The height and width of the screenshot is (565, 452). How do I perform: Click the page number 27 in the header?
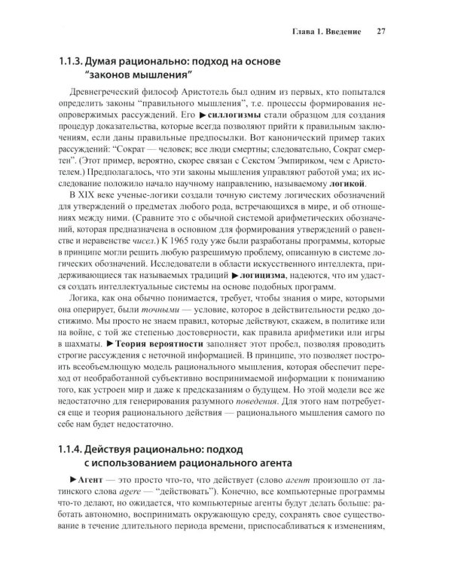(x=380, y=32)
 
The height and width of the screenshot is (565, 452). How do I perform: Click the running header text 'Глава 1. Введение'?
(x=325, y=32)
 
